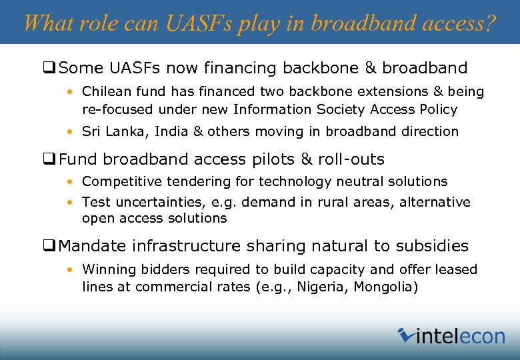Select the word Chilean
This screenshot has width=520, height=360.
click(x=107, y=91)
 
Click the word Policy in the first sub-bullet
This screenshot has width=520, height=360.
click(x=437, y=109)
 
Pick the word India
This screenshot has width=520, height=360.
click(x=171, y=131)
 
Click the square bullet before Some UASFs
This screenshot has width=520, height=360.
click(x=49, y=68)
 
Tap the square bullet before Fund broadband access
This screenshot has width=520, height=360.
click(x=49, y=159)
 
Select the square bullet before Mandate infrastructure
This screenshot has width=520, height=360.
click(x=49, y=246)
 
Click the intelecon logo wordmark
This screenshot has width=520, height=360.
click(x=459, y=336)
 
